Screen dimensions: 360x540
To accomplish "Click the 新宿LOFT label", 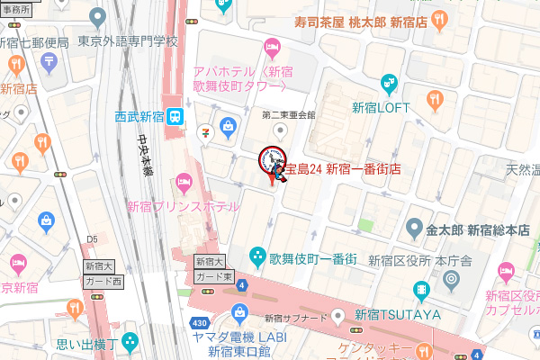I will pos(380,108).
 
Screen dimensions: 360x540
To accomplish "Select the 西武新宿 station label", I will pos(139,115).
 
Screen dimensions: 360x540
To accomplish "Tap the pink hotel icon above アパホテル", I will pos(271,46).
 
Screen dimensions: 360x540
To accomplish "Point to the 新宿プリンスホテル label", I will pos(183,206).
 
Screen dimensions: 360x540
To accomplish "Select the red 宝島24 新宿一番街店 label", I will pos(342,168).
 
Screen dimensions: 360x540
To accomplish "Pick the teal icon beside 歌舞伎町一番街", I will pos(257,256).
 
